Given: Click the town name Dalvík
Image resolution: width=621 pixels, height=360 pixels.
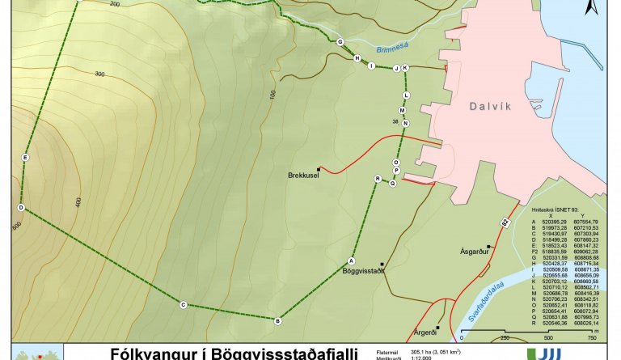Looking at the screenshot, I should (493, 106).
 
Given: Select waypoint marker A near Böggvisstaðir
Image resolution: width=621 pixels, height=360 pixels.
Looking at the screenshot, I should (352, 260).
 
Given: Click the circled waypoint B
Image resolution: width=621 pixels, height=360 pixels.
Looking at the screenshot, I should (278, 321).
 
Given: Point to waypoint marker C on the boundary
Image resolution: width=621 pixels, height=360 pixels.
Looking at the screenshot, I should (183, 305).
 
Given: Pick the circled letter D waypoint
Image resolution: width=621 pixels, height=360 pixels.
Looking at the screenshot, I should (21, 208).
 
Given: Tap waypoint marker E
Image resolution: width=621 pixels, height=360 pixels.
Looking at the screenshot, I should (26, 158).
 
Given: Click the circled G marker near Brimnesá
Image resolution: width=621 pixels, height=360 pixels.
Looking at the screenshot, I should (340, 42).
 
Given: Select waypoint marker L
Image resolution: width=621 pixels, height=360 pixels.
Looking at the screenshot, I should (406, 95).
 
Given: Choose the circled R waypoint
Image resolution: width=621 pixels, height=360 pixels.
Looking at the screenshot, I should (378, 178).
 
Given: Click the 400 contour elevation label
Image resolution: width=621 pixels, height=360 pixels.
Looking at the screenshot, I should (78, 201).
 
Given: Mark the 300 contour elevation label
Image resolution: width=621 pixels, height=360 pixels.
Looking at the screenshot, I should (100, 74).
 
